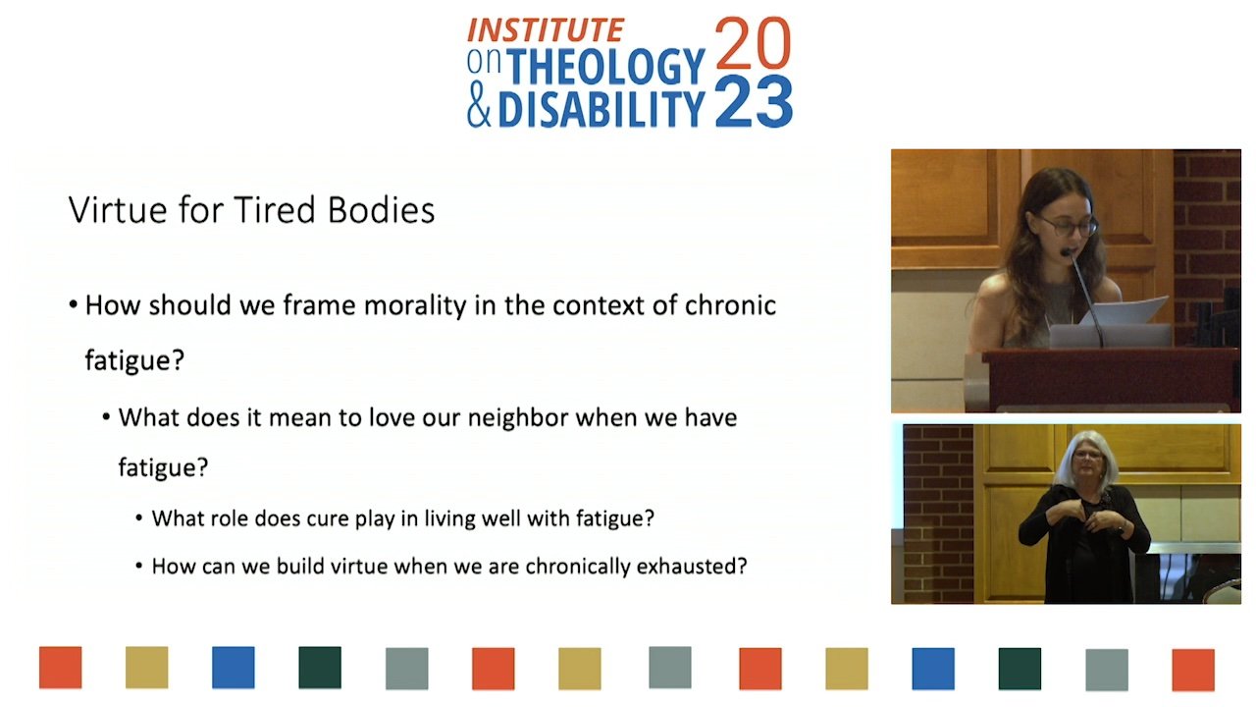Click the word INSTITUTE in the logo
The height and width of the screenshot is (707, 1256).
coord(545,30)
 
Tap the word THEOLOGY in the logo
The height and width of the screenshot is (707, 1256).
coord(605,67)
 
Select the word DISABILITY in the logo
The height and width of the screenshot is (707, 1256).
coord(602,108)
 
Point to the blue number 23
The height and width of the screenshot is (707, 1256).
coord(754,101)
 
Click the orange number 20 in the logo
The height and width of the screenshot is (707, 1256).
coord(753,43)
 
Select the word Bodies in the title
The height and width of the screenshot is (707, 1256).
coord(382,210)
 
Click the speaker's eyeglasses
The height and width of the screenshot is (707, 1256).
coord(1067,226)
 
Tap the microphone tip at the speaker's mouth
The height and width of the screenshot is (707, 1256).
coord(1066,252)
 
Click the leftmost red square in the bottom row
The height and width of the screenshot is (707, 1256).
coord(61,667)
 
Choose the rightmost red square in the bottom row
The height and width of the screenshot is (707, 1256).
coord(1193,670)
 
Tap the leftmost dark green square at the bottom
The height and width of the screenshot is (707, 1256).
coord(320,667)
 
